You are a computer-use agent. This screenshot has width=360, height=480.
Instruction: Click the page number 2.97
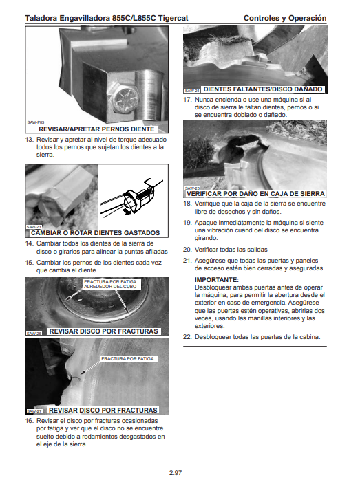tap(176, 472)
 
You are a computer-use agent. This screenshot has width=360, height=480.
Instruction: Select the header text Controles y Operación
tap(285, 18)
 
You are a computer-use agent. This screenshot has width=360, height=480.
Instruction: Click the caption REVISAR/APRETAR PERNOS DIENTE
tap(96, 129)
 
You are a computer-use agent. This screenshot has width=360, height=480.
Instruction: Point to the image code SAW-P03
tap(36, 122)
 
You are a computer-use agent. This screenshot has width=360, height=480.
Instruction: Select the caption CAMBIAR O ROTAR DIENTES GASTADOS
tap(95, 233)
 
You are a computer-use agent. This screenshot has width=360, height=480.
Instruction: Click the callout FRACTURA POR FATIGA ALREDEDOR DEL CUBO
tap(110, 284)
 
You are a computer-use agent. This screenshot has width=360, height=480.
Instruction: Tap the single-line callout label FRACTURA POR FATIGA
tap(127, 358)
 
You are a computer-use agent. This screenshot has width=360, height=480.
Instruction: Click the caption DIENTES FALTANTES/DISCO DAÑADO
tap(263, 89)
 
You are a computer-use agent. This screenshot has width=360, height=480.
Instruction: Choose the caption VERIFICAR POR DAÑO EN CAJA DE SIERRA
tap(255, 194)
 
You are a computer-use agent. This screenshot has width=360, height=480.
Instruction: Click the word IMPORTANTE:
tap(217, 279)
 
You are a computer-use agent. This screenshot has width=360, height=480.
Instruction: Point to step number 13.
tap(29, 140)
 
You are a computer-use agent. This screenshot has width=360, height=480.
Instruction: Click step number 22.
tap(187, 337)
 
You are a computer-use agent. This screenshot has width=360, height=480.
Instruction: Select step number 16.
tap(29, 421)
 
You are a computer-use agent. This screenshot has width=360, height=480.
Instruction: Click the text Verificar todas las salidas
tap(231, 250)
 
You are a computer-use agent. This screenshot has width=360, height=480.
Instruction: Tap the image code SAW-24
tap(192, 91)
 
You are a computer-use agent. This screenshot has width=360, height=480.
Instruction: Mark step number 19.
tap(187, 223)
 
